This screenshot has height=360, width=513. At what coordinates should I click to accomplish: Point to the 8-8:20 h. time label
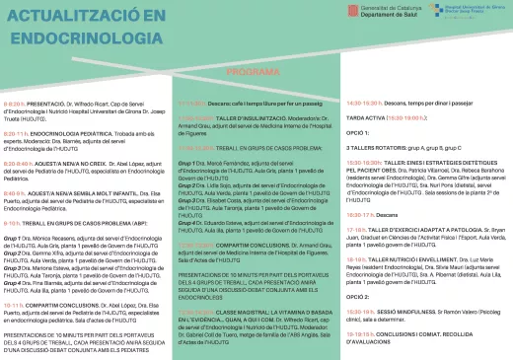pyautogui.click(x=15, y=103)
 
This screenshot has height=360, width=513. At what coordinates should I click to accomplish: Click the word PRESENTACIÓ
pyautogui.click(x=46, y=103)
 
